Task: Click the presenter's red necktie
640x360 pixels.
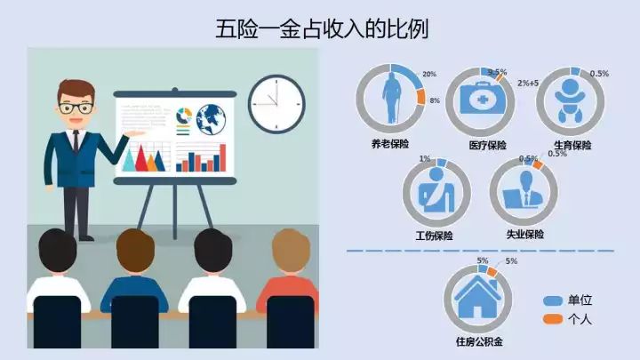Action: [76, 141]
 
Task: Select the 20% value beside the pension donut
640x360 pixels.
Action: [430, 74]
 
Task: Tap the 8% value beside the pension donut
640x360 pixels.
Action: [435, 100]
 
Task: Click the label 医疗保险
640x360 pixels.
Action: [487, 145]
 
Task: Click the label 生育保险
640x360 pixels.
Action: [572, 145]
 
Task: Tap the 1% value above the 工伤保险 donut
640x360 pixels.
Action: [425, 159]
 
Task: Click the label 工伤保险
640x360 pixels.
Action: [434, 236]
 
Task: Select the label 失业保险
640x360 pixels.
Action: [524, 235]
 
